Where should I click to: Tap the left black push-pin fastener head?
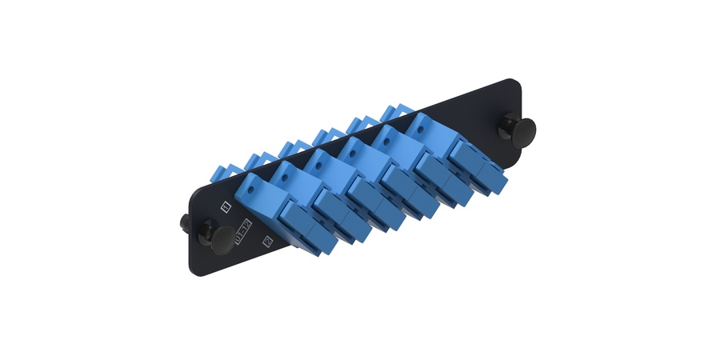tap(224, 237)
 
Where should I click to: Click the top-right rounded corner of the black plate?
tap(516, 82)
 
